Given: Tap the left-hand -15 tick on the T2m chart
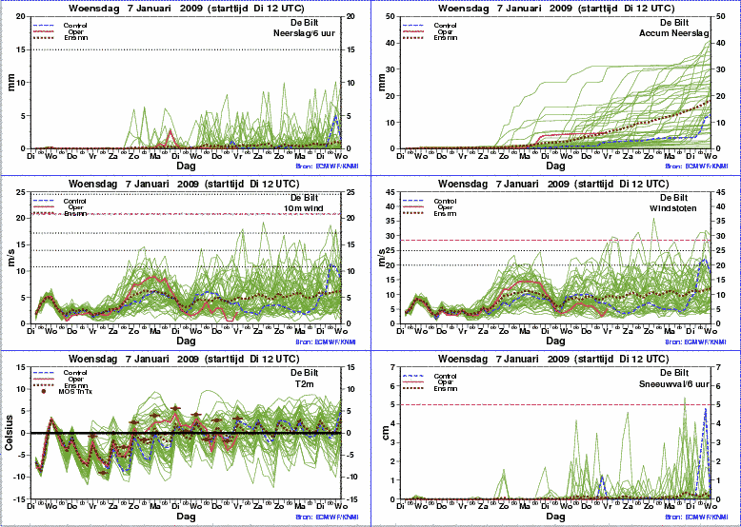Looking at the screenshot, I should click(x=22, y=498).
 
